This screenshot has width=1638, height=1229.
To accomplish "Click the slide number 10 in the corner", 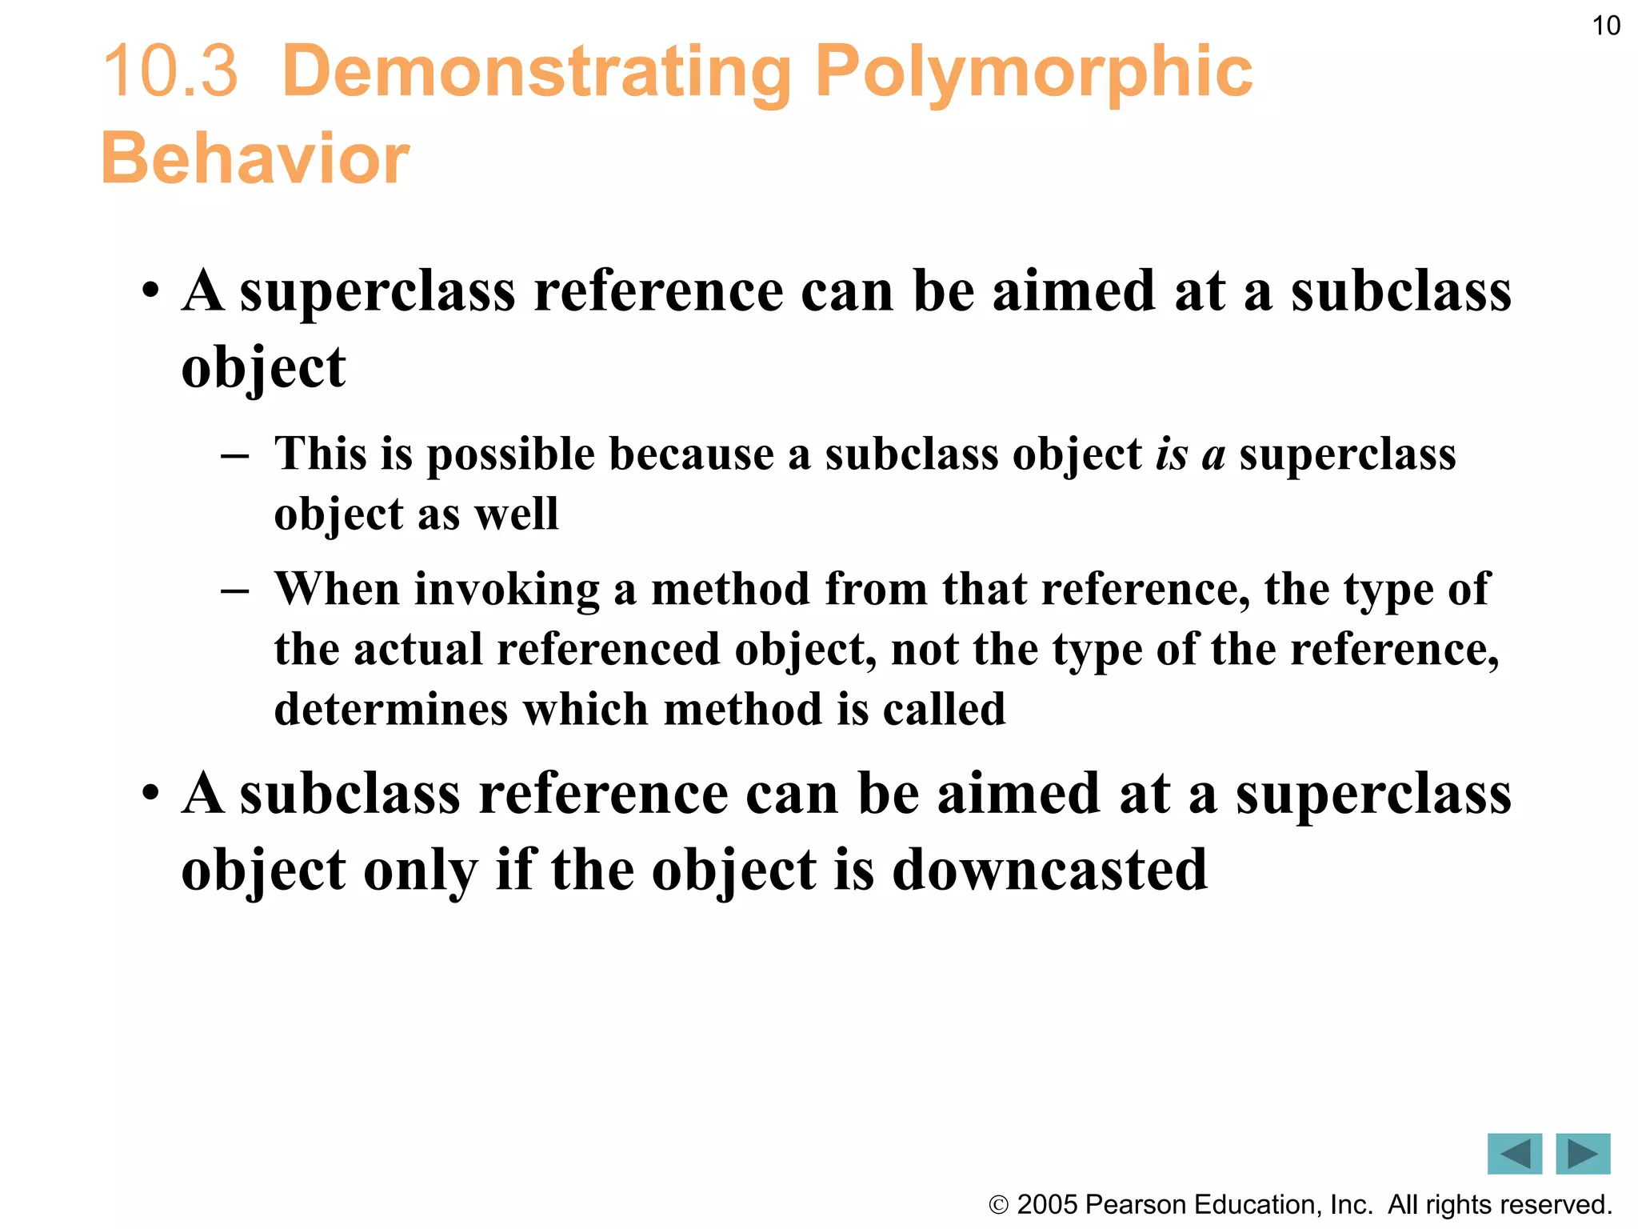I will click(1606, 26).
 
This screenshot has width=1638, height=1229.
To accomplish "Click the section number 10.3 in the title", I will click(170, 72).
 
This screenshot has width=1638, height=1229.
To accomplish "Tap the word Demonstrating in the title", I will click(537, 72).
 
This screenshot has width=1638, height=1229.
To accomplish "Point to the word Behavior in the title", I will click(255, 158).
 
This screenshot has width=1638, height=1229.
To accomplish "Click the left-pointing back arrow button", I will click(1514, 1154).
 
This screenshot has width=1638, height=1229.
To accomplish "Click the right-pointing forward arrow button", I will click(1583, 1154).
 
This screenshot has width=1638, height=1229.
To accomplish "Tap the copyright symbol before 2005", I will click(998, 1205).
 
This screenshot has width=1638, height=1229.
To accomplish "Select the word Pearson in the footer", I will click(1135, 1204).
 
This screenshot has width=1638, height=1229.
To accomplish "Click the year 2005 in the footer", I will click(1049, 1204).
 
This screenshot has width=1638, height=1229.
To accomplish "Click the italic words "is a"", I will click(1189, 454).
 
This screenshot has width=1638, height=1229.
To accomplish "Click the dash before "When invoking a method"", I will click(234, 590).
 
